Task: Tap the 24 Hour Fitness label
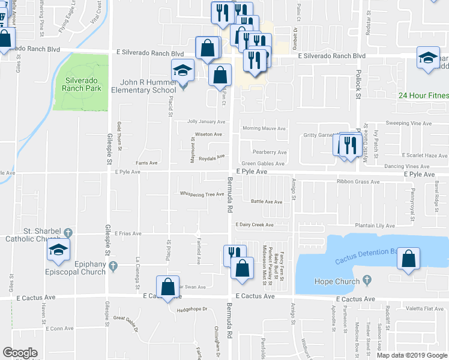423,95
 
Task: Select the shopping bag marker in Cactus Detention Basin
408,260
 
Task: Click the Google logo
20,352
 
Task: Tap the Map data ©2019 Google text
411,355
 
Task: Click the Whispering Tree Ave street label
202,194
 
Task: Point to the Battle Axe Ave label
267,202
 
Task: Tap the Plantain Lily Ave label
374,226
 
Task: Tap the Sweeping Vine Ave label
408,123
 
